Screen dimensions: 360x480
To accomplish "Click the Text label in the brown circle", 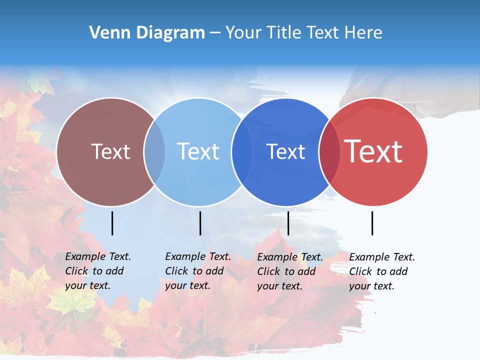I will click(111, 151).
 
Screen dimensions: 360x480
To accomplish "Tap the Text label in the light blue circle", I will click(198, 151).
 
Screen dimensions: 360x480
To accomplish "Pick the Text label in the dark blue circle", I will click(285, 151).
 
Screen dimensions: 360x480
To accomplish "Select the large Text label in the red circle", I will click(373, 151).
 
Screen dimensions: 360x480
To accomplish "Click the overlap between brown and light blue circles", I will click(154, 151).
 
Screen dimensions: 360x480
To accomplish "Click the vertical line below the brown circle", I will click(112, 223).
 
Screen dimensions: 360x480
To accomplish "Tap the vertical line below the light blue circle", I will click(200, 223).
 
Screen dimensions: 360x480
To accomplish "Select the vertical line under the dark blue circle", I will click(288, 223).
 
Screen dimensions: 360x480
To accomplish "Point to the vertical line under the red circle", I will click(372, 223).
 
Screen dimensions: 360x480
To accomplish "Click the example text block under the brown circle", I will click(98, 271).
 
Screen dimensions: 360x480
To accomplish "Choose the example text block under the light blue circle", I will click(198, 271).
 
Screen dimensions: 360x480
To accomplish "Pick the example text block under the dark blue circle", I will click(290, 271).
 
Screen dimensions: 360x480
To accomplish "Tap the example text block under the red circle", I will click(382, 271).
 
